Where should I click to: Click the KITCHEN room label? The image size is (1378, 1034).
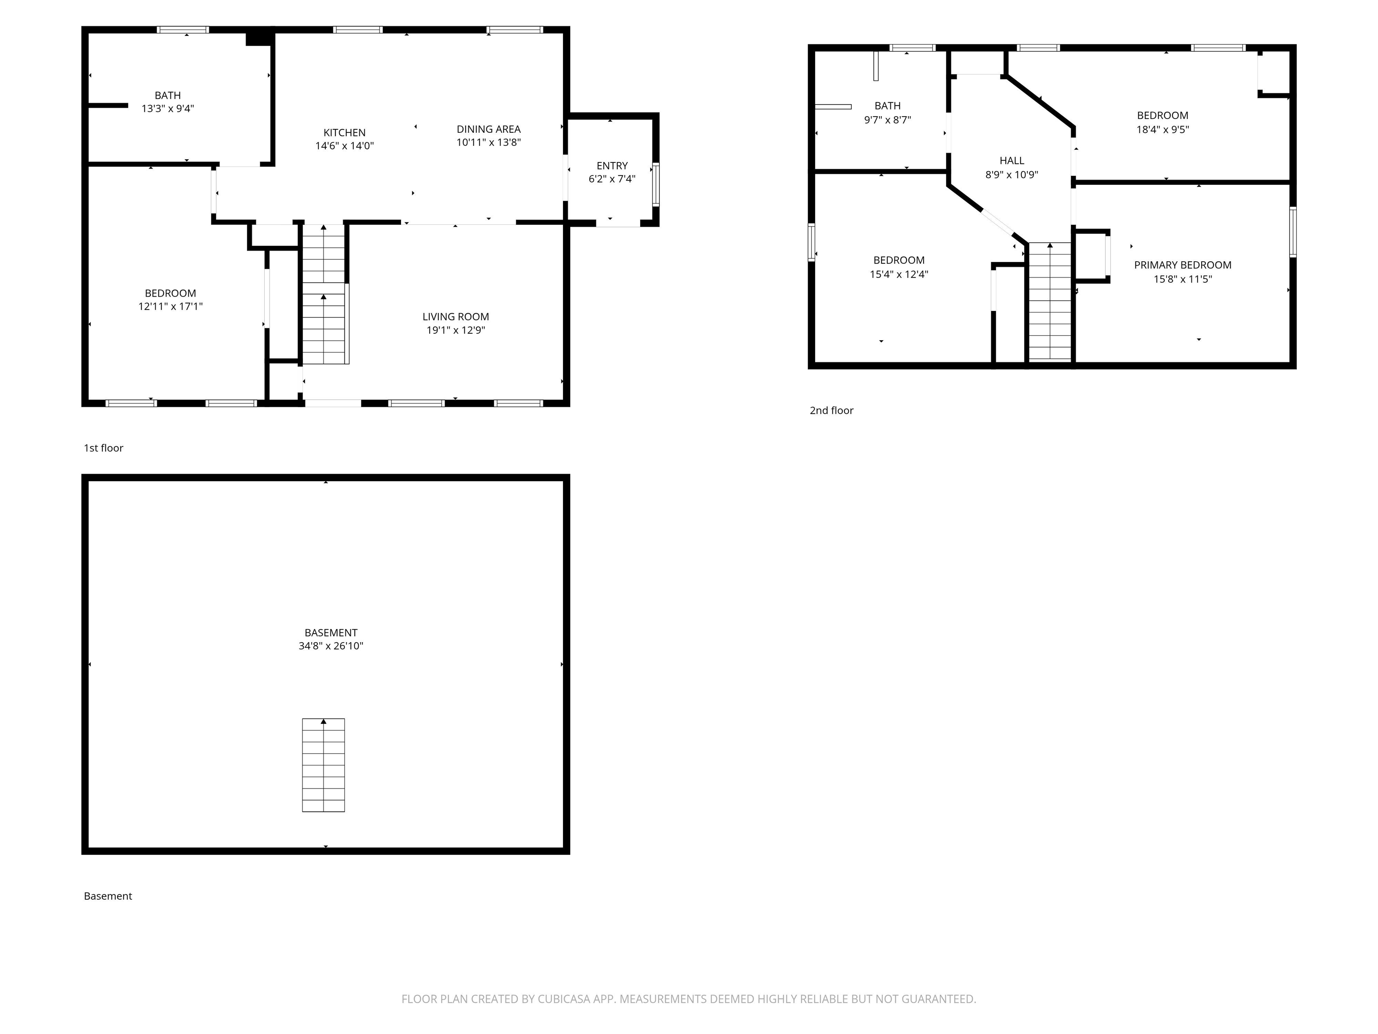(344, 133)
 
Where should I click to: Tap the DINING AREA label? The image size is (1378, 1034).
(488, 129)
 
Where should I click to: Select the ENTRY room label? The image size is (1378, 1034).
(612, 166)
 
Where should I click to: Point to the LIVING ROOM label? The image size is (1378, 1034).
(455, 317)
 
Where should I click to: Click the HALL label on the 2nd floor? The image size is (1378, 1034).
(1012, 161)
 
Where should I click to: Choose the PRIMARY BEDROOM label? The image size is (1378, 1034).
(1182, 265)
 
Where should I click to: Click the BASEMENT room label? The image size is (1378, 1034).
(331, 633)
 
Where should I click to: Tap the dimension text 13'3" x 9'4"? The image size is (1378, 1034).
(168, 109)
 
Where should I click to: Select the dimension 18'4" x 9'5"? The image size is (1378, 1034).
(1162, 130)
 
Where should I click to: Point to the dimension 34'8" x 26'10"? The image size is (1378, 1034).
(331, 646)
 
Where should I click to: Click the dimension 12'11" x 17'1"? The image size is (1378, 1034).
(170, 307)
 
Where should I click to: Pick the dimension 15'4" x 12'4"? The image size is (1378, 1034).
(899, 274)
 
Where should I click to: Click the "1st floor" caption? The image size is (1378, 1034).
(104, 448)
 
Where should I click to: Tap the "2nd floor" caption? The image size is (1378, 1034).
(831, 411)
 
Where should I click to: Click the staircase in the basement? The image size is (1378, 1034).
(323, 765)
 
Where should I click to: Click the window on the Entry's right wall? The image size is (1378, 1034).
(655, 184)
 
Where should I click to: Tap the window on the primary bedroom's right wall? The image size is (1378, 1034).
(1293, 232)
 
